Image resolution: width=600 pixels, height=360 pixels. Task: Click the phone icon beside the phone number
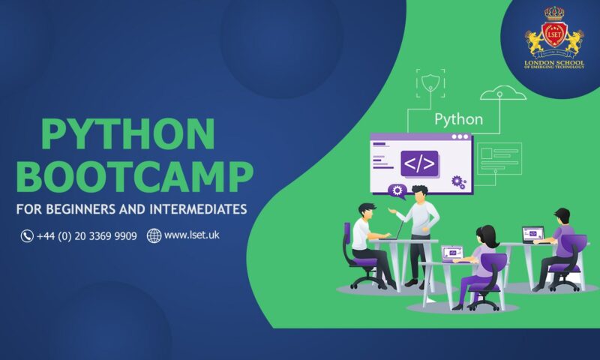point(27,236)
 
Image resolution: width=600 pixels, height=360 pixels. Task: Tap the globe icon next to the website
point(154,236)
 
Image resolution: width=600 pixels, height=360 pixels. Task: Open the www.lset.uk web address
point(191,235)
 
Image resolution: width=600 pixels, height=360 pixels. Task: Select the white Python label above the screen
point(458,119)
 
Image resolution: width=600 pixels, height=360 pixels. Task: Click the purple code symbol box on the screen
point(419,163)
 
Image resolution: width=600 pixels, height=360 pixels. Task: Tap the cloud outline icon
point(502,94)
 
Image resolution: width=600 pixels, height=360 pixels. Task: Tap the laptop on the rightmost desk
point(532,235)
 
